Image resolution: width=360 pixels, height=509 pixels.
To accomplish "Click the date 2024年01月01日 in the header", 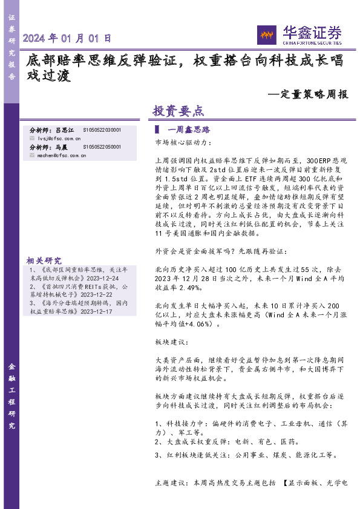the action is [67, 38].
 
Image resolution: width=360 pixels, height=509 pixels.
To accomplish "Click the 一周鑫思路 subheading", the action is [188, 130].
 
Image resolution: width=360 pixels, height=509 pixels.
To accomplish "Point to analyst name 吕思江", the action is [64, 130].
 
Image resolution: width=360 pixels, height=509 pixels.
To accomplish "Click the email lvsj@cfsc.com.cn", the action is [55, 138].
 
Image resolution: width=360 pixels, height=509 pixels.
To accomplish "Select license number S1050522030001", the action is [102, 130].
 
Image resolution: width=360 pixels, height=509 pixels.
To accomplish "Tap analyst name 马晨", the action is [61, 147].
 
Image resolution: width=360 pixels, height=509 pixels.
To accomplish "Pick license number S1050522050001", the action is [102, 147].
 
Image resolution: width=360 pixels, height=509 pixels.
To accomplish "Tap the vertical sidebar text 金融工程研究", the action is [11, 396].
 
